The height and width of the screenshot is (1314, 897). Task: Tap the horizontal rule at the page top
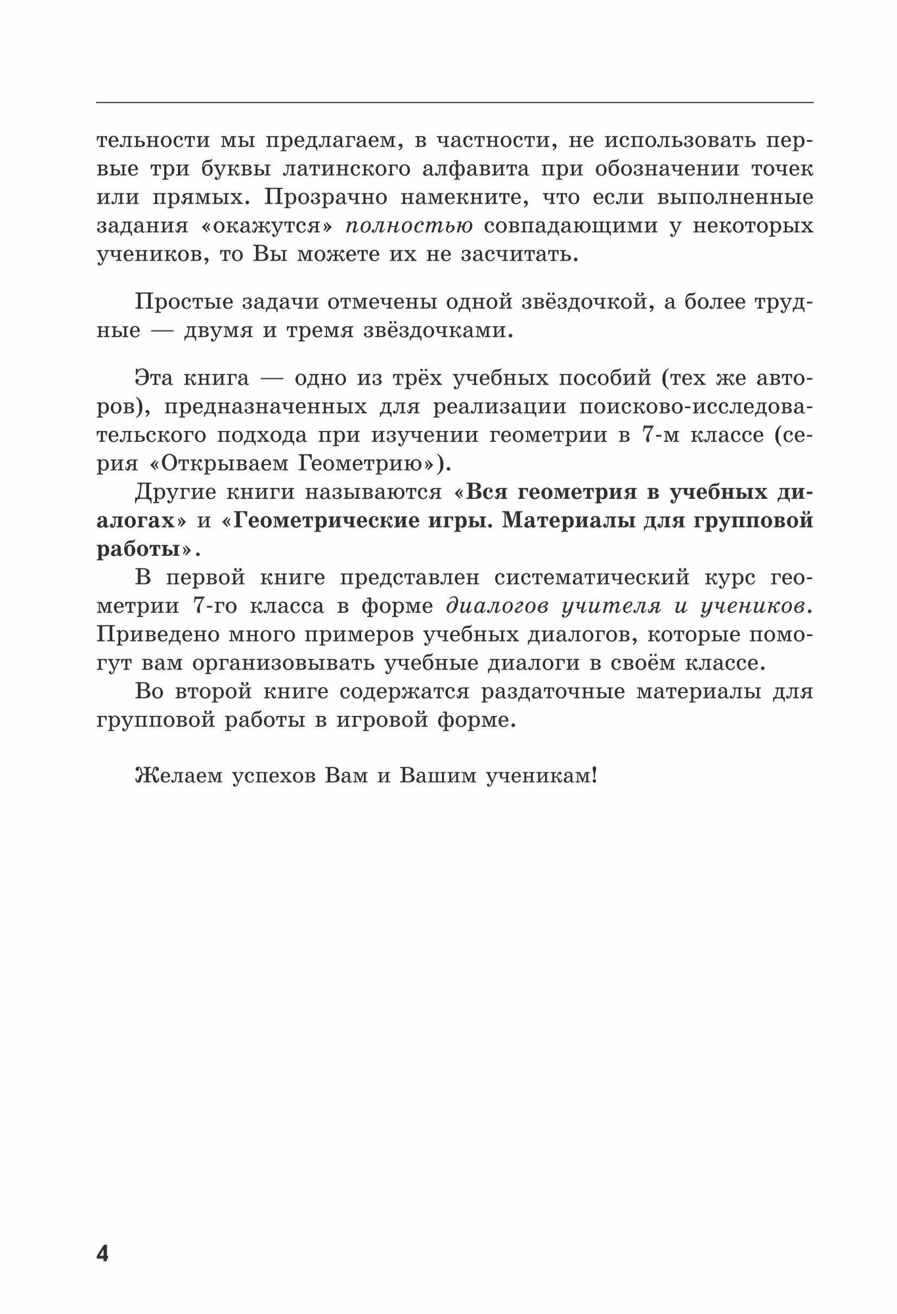click(x=454, y=102)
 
